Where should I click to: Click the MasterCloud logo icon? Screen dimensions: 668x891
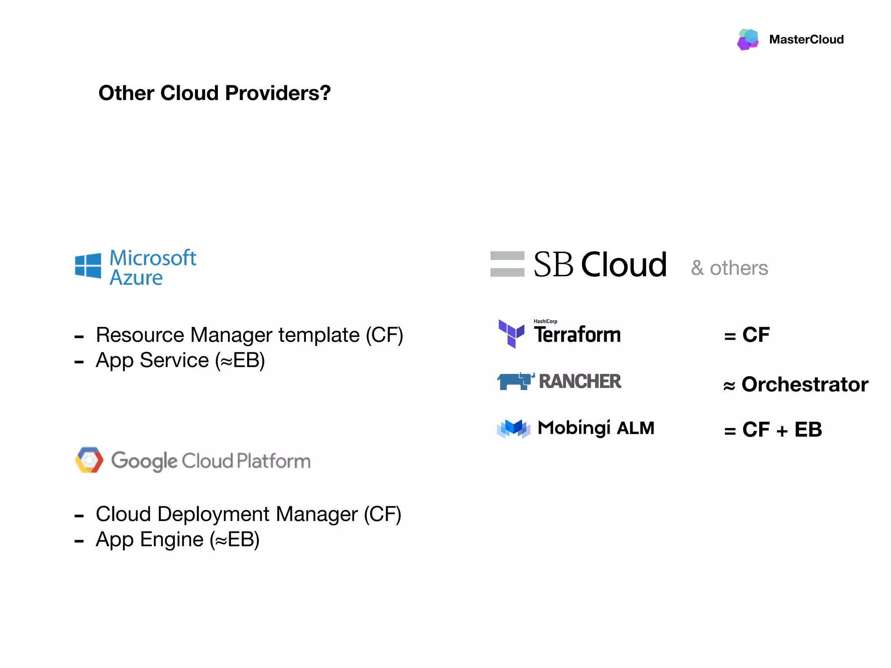tap(748, 39)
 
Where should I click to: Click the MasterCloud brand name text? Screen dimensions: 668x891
tap(806, 40)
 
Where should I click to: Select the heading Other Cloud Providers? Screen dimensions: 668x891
tap(214, 93)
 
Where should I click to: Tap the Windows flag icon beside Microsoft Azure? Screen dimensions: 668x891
tap(88, 265)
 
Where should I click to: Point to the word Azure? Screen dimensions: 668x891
tap(136, 278)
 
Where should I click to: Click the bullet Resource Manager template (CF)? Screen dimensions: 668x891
tap(249, 335)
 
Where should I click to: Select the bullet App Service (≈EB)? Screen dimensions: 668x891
tap(180, 361)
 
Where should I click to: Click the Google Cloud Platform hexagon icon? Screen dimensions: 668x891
tap(89, 460)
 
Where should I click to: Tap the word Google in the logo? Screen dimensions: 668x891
tap(144, 461)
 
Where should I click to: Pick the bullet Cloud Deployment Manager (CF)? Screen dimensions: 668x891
tap(248, 514)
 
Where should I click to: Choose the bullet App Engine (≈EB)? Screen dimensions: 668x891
tap(178, 540)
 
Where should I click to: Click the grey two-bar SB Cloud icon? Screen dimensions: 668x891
tap(507, 264)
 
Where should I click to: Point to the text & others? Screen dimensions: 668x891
tap(730, 268)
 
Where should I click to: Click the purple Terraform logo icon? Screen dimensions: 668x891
tap(511, 333)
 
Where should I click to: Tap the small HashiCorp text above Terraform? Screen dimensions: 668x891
tap(545, 321)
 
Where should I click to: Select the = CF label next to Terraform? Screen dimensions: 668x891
tap(747, 335)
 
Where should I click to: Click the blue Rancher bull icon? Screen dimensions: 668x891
tap(516, 381)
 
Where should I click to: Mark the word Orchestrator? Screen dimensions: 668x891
tap(805, 384)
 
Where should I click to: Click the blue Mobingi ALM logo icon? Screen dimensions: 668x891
tap(514, 428)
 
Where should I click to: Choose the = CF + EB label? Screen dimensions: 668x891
tap(773, 430)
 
